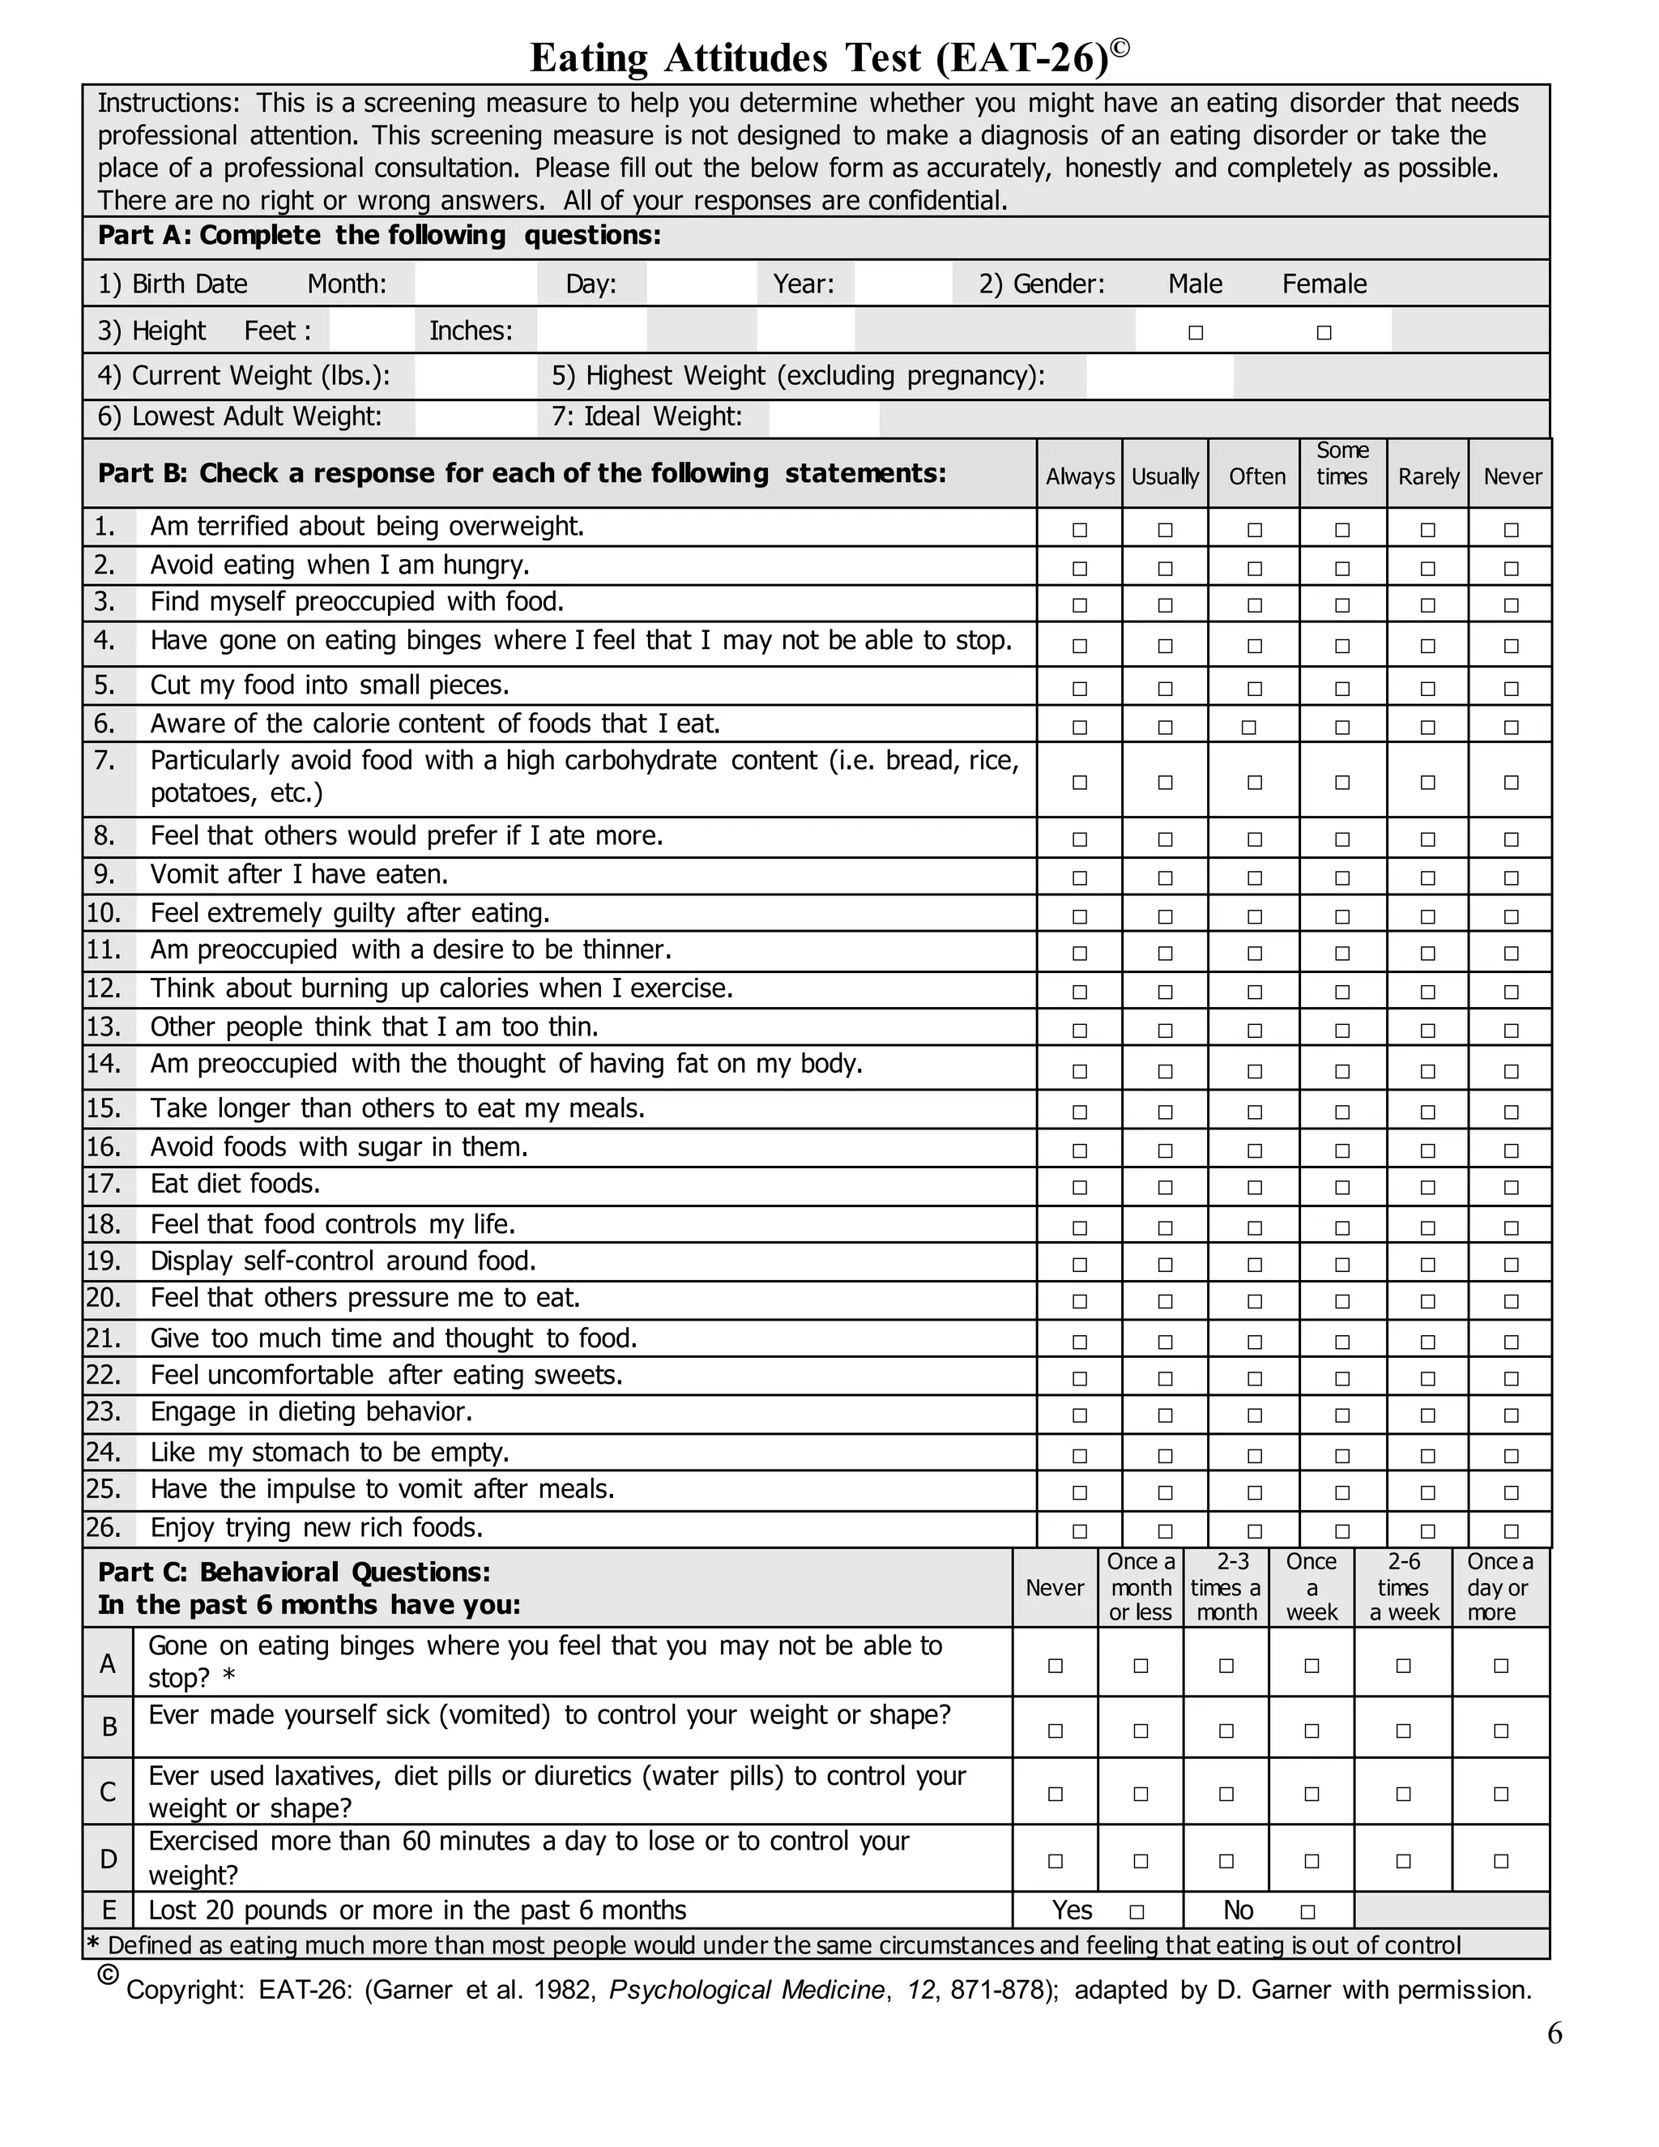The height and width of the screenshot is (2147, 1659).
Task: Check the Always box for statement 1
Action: [1079, 530]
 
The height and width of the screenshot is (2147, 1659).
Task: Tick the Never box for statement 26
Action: [1511, 1531]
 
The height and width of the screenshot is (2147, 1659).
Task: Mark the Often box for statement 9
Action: [1254, 878]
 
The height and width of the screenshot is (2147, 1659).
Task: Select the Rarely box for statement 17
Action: [1427, 1188]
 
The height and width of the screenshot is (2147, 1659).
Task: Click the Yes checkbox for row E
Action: [1137, 1912]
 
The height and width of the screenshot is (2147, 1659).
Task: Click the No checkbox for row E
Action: [1307, 1912]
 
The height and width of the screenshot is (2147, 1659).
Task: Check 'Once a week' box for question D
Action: [1311, 1861]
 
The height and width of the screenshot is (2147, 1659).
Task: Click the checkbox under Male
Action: [1195, 333]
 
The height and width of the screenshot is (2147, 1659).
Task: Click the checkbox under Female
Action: [1324, 333]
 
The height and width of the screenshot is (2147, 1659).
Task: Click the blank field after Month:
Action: [476, 284]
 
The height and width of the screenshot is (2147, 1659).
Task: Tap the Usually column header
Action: [1165, 476]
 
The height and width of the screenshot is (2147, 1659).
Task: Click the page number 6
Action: [1554, 2033]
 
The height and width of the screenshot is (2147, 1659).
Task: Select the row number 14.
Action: [103, 1064]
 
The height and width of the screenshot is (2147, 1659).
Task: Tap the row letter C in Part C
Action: [108, 1792]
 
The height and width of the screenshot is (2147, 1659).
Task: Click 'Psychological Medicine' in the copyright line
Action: [746, 1991]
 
